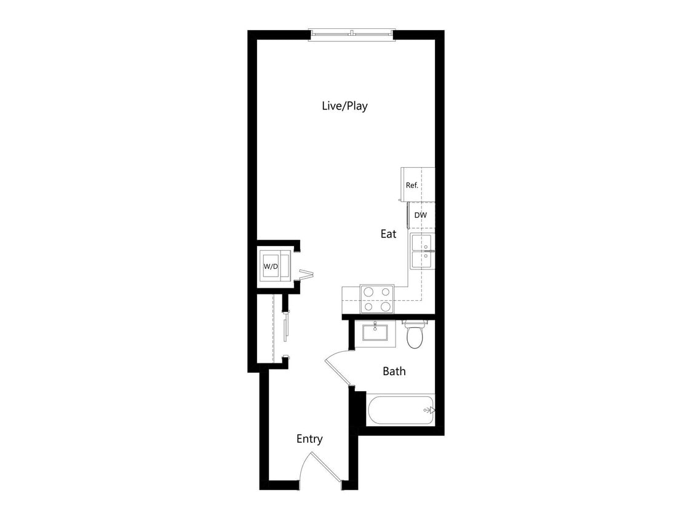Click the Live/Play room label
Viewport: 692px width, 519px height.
344,106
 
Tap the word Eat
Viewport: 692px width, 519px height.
388,234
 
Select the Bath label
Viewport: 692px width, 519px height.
394,371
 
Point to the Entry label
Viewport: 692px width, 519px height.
309,438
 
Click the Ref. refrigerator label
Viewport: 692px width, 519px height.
412,185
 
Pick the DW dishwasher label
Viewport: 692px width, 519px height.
421,215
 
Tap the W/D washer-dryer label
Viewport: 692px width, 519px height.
271,266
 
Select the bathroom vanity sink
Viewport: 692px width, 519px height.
375,333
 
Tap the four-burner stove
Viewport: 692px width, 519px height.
377,299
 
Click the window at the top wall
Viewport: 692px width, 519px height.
351,34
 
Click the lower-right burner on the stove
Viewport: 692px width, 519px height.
386,306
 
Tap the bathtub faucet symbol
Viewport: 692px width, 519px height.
429,410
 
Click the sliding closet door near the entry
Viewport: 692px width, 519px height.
285,326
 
